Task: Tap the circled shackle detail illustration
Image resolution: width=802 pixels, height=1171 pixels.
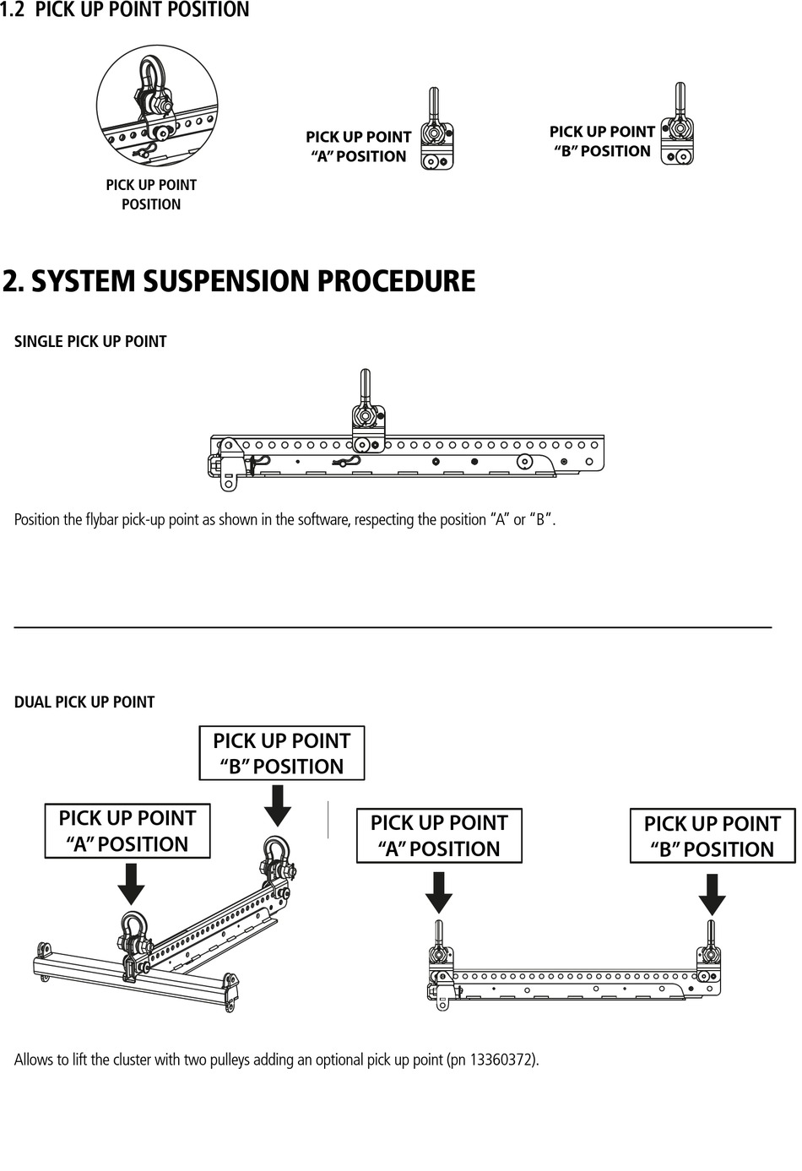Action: pos(157,106)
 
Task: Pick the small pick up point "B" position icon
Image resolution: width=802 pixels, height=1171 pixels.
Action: pos(678,127)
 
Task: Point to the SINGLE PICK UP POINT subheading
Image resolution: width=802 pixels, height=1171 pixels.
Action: pos(90,342)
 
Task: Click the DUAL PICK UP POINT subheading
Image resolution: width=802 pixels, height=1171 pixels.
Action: pos(84,702)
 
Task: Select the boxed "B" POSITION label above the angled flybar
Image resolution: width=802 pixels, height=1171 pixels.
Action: pos(282,753)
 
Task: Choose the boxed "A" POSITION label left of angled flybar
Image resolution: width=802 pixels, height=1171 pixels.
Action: pos(127,832)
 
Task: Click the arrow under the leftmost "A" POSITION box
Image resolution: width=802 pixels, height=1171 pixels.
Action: pos(130,884)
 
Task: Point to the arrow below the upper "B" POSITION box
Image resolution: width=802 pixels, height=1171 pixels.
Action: pos(278,805)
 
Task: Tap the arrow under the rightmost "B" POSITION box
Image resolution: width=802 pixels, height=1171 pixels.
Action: pos(713,895)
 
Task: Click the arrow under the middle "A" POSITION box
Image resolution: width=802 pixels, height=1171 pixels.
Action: pos(438,892)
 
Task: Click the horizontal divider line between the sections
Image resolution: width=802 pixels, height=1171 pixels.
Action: pos(393,627)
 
